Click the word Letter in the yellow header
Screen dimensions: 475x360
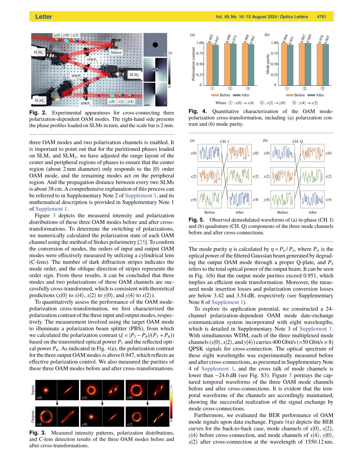pyautogui.click(x=44, y=17)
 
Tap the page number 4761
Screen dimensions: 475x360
pyautogui.click(x=322, y=17)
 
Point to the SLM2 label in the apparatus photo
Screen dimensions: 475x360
pyautogui.click(x=134, y=75)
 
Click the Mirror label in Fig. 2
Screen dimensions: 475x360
pyautogui.click(x=116, y=52)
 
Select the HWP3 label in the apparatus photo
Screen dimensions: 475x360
pyautogui.click(x=92, y=60)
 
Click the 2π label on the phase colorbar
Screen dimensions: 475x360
pyautogui.click(x=170, y=53)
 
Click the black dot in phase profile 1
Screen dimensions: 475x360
pyautogui.click(x=155, y=45)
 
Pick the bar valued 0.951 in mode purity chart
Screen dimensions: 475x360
pyautogui.click(x=290, y=65)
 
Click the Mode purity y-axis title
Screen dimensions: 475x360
pyautogui.click(x=268, y=64)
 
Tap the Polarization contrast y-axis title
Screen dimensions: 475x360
pyautogui.click(x=193, y=64)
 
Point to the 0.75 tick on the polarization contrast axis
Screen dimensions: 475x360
pyautogui.click(x=200, y=53)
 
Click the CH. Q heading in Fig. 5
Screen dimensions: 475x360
pyautogui.click(x=298, y=141)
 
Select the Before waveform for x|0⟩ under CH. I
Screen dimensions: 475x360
pyautogui.click(x=210, y=153)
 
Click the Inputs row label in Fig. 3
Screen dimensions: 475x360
pyautogui.click(x=33, y=390)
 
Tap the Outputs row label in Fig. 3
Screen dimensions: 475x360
pyautogui.click(x=33, y=416)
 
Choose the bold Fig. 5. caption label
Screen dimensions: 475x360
pyautogui.click(x=196, y=220)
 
